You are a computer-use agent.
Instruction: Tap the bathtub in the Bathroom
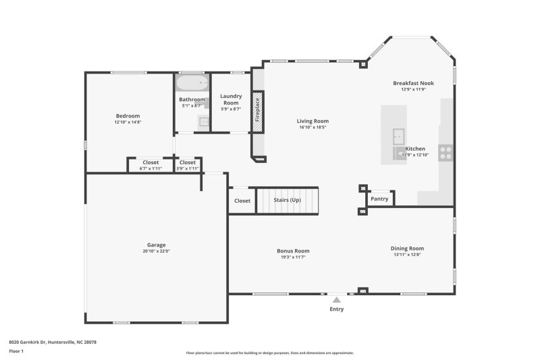(192, 83)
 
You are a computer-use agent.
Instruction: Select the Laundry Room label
(231, 99)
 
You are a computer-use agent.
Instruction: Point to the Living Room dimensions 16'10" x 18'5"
(313, 127)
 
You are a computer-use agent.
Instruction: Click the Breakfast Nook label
(413, 83)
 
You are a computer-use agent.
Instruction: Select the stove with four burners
(446, 153)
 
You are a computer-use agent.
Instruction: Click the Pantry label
(379, 199)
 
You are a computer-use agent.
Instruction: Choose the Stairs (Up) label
(287, 200)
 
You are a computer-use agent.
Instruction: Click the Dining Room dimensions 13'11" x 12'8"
(407, 255)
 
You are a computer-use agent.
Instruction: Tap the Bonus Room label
(293, 251)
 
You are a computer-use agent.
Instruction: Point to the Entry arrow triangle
(336, 299)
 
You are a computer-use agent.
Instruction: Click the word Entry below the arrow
(336, 309)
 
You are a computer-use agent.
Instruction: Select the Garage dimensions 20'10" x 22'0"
(156, 251)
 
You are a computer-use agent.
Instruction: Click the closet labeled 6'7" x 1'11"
(151, 165)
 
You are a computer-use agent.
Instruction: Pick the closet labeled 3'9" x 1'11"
(187, 165)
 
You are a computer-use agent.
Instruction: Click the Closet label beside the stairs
(242, 201)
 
